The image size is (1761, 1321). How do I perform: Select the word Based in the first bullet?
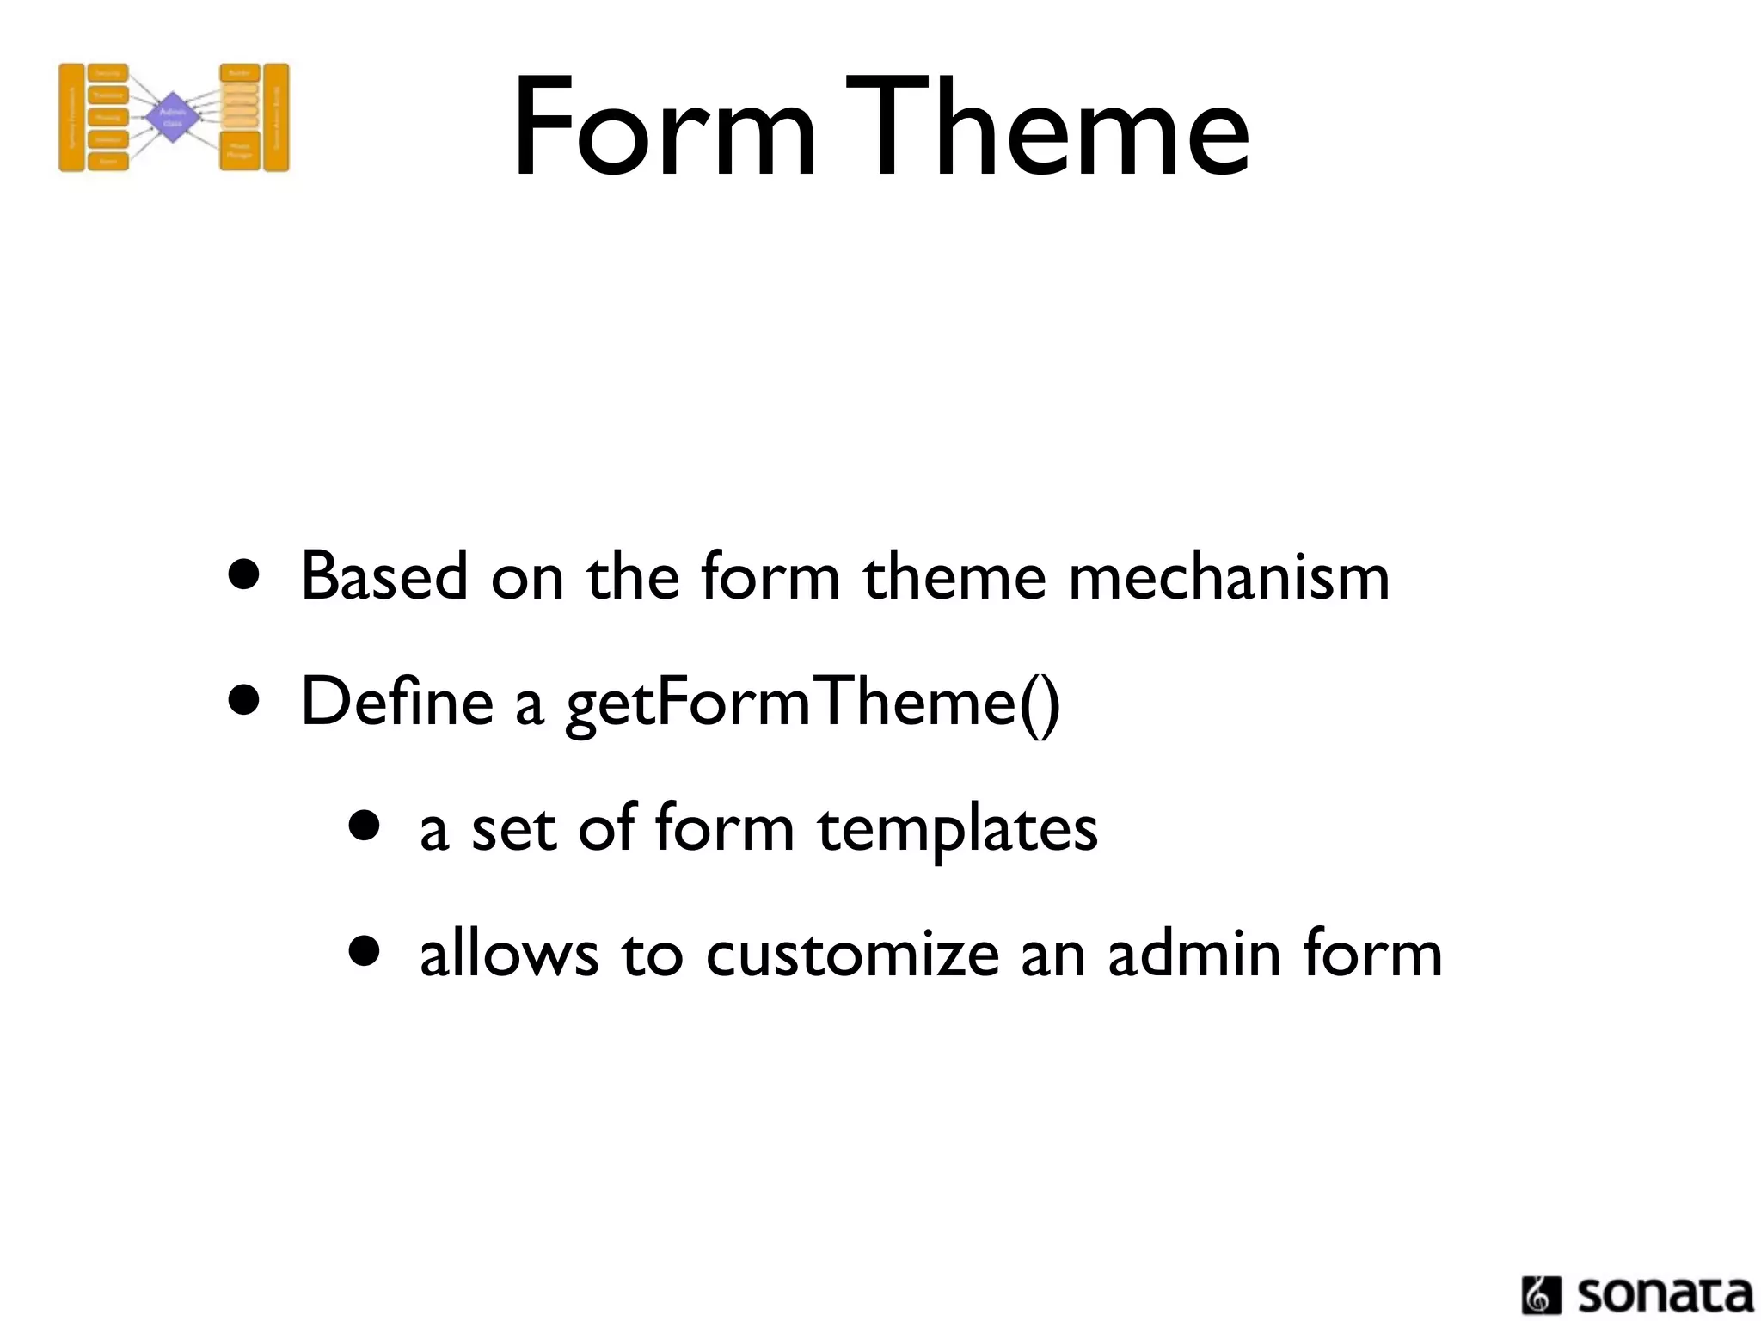coord(384,576)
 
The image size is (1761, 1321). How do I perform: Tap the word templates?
coord(957,829)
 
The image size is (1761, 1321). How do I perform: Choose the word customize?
coord(852,955)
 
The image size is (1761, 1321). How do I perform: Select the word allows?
coord(508,955)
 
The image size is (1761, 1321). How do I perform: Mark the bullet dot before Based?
coord(244,575)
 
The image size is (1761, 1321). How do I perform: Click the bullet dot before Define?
coord(244,701)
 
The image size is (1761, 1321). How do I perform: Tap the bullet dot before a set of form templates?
coord(365,826)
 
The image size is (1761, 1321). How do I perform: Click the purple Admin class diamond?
coord(173,117)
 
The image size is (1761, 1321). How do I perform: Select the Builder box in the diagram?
coord(240,73)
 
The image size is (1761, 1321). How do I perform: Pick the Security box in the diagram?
coord(107,74)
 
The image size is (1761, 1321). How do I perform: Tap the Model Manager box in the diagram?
coord(240,151)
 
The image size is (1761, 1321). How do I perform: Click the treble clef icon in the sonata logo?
coord(1541,1295)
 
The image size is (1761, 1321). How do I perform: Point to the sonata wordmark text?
coord(1665,1294)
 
